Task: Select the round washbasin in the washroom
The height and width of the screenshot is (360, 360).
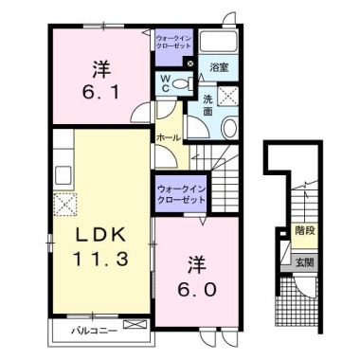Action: click(229, 129)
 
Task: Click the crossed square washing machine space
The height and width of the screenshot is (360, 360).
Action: click(229, 94)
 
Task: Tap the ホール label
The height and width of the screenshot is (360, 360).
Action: click(168, 137)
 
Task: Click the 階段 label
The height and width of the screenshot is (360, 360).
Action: click(304, 230)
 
